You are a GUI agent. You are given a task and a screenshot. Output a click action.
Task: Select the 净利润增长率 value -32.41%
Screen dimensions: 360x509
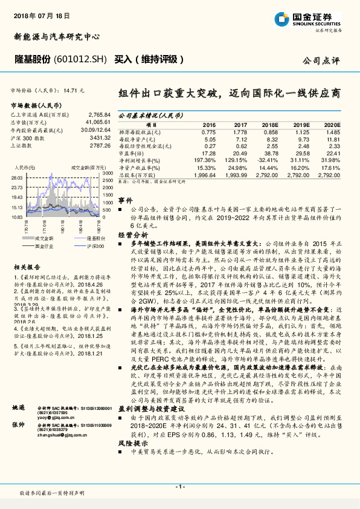coord(266,160)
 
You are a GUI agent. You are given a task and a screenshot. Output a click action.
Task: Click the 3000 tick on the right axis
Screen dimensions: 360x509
coord(108,173)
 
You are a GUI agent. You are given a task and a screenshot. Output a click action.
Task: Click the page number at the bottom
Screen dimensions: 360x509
coord(179,486)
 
